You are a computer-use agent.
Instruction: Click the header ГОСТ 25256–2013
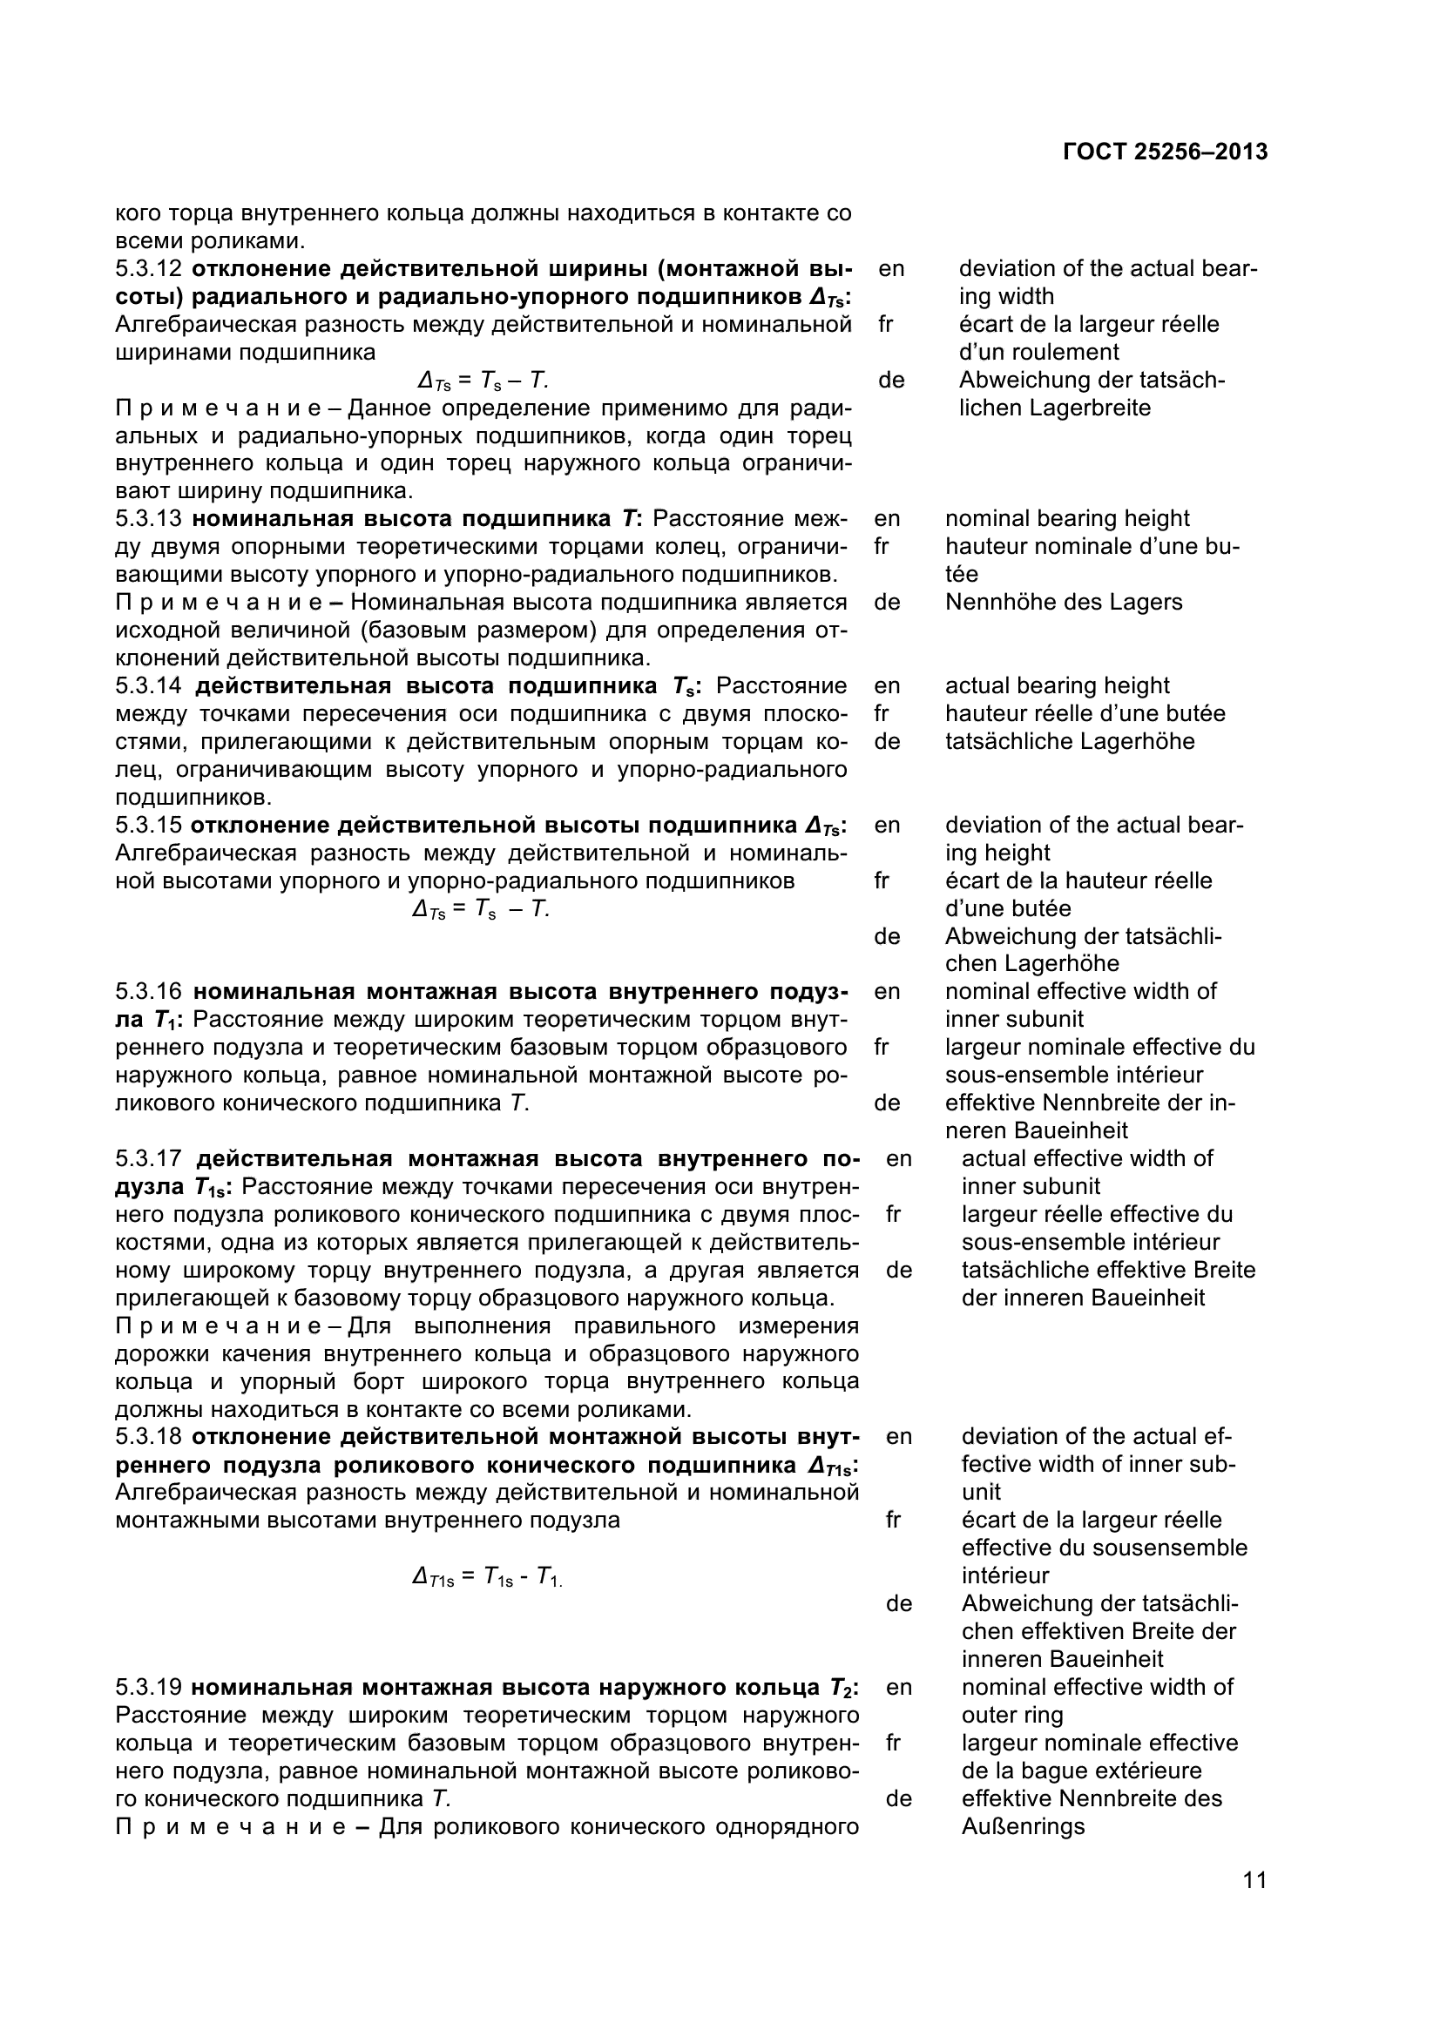(1164, 152)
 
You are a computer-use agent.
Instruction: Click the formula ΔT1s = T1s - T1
(487, 1576)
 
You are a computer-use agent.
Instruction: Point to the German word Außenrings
(1022, 1827)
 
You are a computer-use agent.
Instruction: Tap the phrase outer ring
(1011, 1715)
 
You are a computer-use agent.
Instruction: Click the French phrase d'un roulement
(1038, 352)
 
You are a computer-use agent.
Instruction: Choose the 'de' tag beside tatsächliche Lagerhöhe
(886, 742)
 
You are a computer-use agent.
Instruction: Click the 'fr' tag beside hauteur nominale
(881, 547)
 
